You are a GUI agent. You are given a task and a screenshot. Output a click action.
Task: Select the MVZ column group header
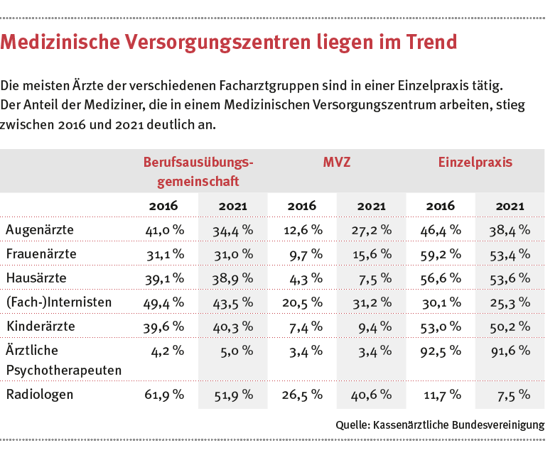click(x=336, y=162)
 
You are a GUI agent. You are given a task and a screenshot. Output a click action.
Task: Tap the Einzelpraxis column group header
click(x=475, y=162)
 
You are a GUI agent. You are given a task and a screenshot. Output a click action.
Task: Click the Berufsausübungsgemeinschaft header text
click(x=198, y=171)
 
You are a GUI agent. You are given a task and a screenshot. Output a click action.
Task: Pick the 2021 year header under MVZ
click(x=371, y=206)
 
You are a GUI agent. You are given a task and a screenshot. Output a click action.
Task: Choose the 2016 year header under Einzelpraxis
click(x=440, y=206)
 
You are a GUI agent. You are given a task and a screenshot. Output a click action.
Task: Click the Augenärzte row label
click(x=39, y=229)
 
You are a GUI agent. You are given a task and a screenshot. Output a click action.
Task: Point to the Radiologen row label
click(x=39, y=394)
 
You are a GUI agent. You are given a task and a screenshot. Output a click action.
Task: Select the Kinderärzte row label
click(x=41, y=326)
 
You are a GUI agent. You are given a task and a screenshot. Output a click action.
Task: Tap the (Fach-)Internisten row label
click(x=58, y=302)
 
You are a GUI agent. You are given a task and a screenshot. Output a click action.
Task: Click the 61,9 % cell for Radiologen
click(x=165, y=394)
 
